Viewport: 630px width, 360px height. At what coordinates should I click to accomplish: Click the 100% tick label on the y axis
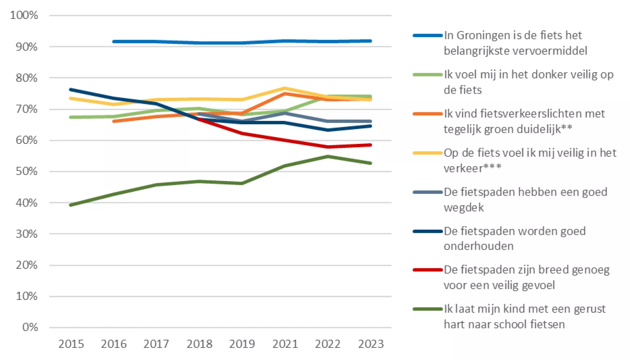pyautogui.click(x=24, y=15)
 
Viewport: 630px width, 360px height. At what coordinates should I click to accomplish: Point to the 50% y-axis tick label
pyautogui.click(x=26, y=171)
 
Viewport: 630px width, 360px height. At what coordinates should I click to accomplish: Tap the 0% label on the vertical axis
pyautogui.click(x=30, y=327)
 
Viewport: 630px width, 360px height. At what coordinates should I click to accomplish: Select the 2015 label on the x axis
pyautogui.click(x=71, y=344)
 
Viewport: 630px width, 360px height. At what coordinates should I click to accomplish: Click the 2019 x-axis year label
pyautogui.click(x=242, y=344)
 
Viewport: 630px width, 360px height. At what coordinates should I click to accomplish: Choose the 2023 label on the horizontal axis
pyautogui.click(x=371, y=344)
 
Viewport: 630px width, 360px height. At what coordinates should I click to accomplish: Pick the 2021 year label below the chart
pyautogui.click(x=285, y=344)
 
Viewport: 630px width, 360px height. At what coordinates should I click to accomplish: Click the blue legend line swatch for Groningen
pyautogui.click(x=427, y=35)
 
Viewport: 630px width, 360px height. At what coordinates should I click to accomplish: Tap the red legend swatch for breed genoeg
pyautogui.click(x=427, y=270)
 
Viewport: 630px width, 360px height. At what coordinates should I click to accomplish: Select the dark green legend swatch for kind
pyautogui.click(x=427, y=309)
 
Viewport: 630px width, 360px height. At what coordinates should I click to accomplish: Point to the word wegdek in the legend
pyautogui.click(x=464, y=208)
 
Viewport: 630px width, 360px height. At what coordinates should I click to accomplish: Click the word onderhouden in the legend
pyautogui.click(x=478, y=246)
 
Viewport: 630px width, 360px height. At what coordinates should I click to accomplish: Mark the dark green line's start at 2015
pyautogui.click(x=71, y=205)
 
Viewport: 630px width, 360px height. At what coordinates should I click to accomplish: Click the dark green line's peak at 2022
pyautogui.click(x=328, y=156)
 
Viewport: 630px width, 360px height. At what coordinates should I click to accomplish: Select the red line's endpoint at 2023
pyautogui.click(x=371, y=145)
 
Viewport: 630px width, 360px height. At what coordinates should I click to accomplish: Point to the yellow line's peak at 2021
pyautogui.click(x=285, y=88)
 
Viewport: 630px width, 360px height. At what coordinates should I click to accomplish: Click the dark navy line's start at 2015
pyautogui.click(x=71, y=89)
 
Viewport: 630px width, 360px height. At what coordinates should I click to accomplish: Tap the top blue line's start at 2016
pyautogui.click(x=114, y=42)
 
